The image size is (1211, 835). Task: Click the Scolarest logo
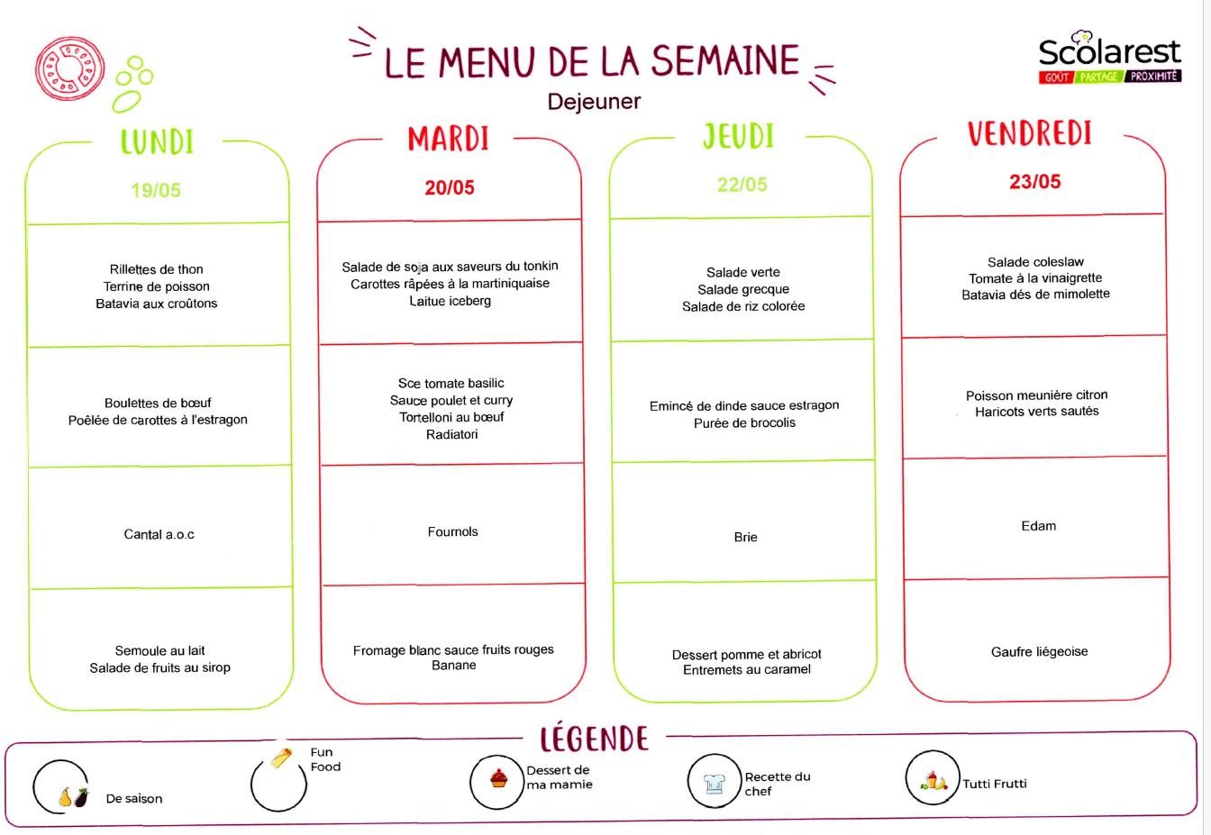[x=1109, y=58]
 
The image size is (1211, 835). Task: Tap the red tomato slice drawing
[x=69, y=68]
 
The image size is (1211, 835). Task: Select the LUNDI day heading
[x=157, y=142]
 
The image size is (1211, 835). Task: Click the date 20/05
[x=450, y=187]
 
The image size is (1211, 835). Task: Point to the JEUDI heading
[x=739, y=136]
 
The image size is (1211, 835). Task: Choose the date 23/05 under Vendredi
[x=1034, y=182]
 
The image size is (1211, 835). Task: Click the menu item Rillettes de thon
[x=156, y=269]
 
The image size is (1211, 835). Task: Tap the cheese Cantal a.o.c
[x=159, y=534]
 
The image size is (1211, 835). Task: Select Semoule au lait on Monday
[x=159, y=650]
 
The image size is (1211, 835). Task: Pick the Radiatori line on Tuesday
[x=451, y=434]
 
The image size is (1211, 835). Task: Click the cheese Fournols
[x=452, y=531]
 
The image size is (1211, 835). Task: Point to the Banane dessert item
[x=453, y=666]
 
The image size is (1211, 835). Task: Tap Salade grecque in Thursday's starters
[x=743, y=290]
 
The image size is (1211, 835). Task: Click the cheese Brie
[x=745, y=537]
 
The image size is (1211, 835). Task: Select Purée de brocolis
[x=744, y=422]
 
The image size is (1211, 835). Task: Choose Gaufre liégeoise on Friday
[x=1039, y=652]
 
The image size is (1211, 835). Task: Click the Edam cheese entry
[x=1038, y=526]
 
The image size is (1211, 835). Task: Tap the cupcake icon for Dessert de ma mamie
[x=498, y=779]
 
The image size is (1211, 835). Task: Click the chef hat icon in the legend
[x=714, y=783]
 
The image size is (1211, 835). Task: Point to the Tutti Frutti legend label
[x=994, y=784]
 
